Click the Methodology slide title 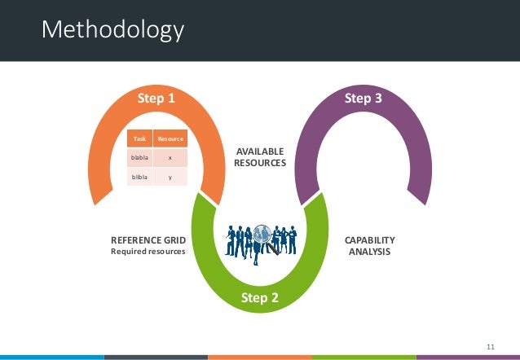point(113,31)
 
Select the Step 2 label point(260,298)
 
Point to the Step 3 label point(363,99)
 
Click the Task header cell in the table point(140,139)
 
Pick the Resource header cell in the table point(171,139)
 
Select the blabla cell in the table point(140,157)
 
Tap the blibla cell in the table point(140,176)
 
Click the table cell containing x point(171,157)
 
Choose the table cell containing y point(171,176)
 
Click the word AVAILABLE point(260,151)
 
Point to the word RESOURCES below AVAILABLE point(260,163)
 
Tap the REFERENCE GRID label point(148,240)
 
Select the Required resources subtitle point(148,252)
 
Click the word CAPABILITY point(370,240)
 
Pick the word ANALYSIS point(370,252)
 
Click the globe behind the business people point(262,236)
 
